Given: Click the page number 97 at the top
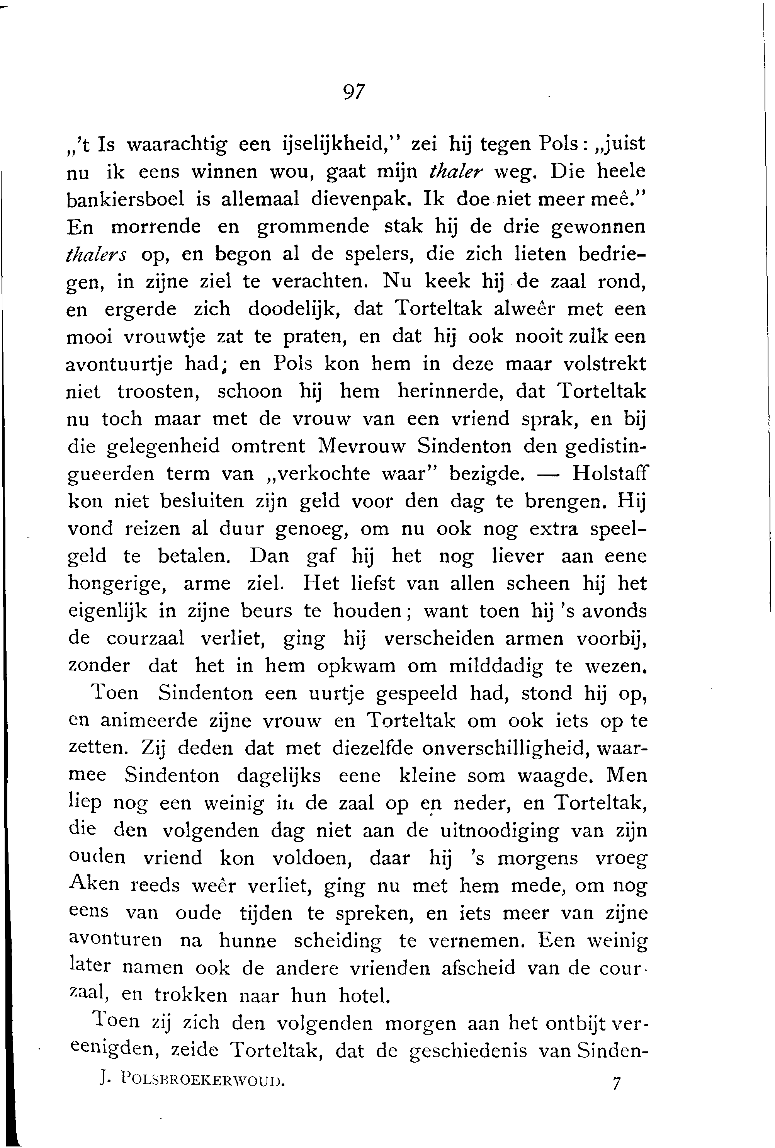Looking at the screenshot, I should coord(353,92).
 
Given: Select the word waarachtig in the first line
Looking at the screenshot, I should coord(177,145).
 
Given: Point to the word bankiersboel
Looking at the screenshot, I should coord(126,199).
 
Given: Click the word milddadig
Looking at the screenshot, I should coord(495,667).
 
